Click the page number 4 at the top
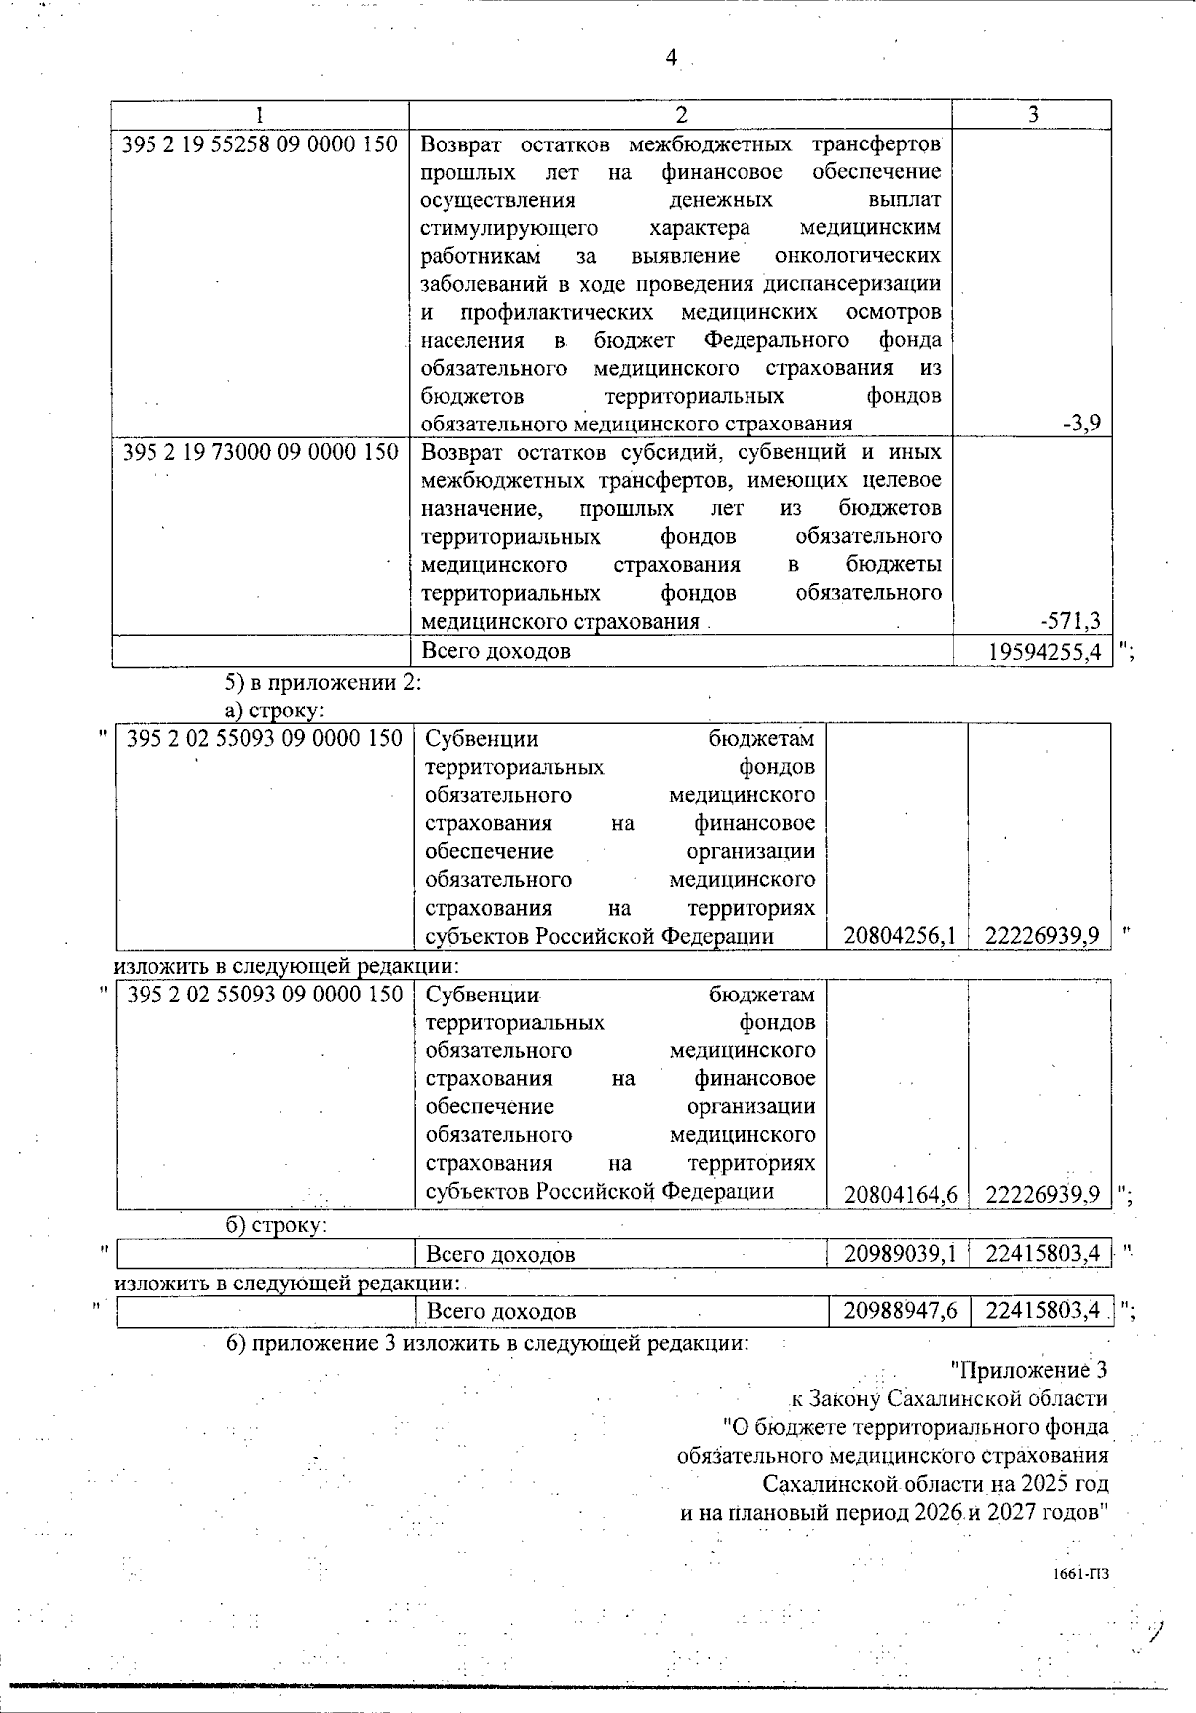[x=671, y=59]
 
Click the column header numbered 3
[x=1033, y=115]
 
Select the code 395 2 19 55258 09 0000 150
[x=259, y=145]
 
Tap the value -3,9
[x=1081, y=424]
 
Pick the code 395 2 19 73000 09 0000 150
[x=259, y=453]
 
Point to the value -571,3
[x=1070, y=622]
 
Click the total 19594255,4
[x=1046, y=652]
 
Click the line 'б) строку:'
[x=276, y=1225]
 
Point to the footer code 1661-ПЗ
[x=1080, y=1574]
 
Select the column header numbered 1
[x=259, y=115]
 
